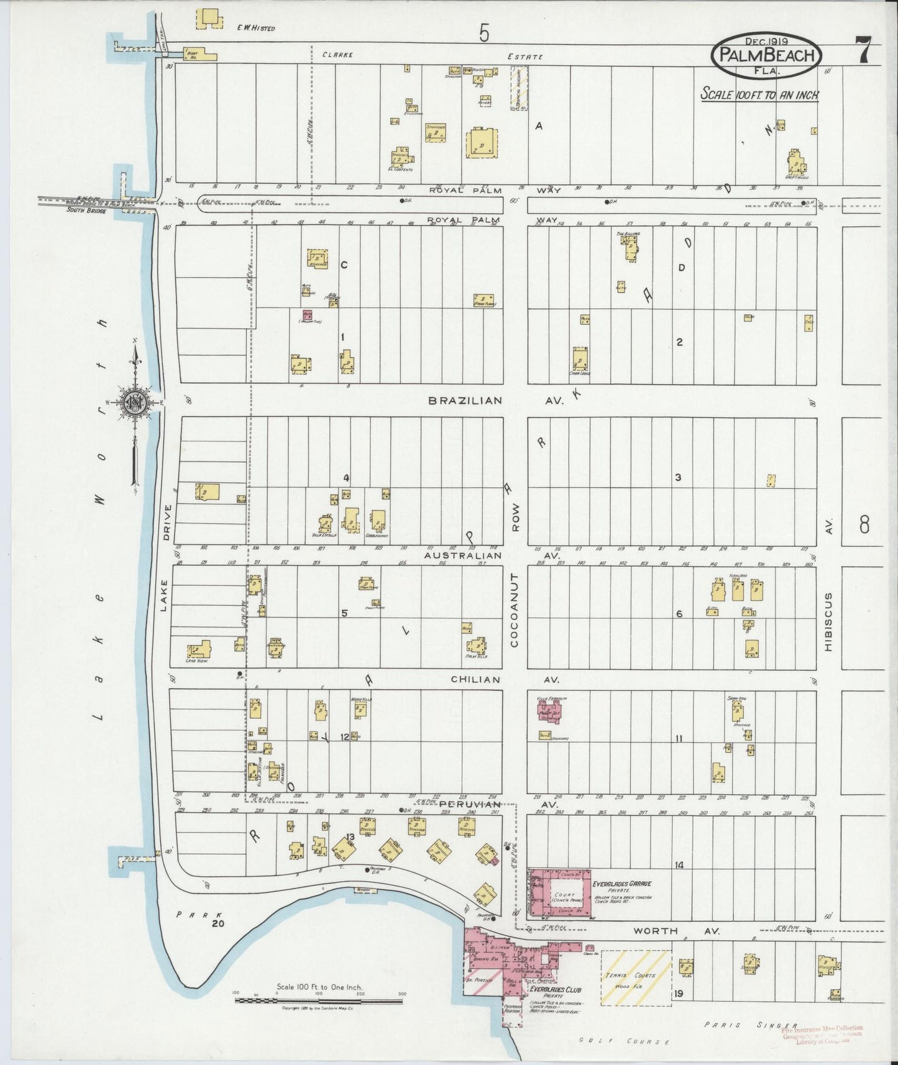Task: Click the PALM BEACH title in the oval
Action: [766, 55]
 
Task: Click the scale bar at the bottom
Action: [318, 1001]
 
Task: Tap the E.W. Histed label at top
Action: [256, 28]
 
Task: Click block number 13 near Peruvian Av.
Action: [350, 837]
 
